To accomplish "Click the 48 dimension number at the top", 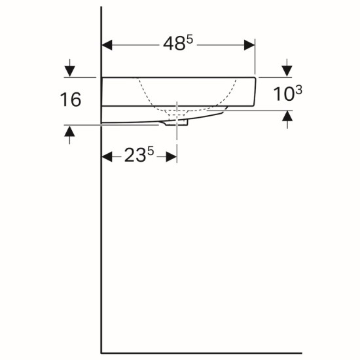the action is pyautogui.click(x=174, y=44).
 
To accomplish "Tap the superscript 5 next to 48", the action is pyautogui.click(x=190, y=40).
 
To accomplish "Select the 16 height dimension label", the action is pyautogui.click(x=71, y=99).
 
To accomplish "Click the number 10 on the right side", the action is pyautogui.click(x=283, y=94).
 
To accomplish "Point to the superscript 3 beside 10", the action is pyautogui.click(x=298, y=90).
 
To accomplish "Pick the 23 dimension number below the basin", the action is pyautogui.click(x=135, y=155).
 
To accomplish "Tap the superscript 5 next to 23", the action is pyautogui.click(x=151, y=152).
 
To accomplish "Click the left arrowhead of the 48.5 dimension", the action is pyautogui.click(x=107, y=45).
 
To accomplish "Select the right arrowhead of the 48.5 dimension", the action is pyautogui.click(x=249, y=45).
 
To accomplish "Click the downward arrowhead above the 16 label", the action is pyautogui.click(x=69, y=71).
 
